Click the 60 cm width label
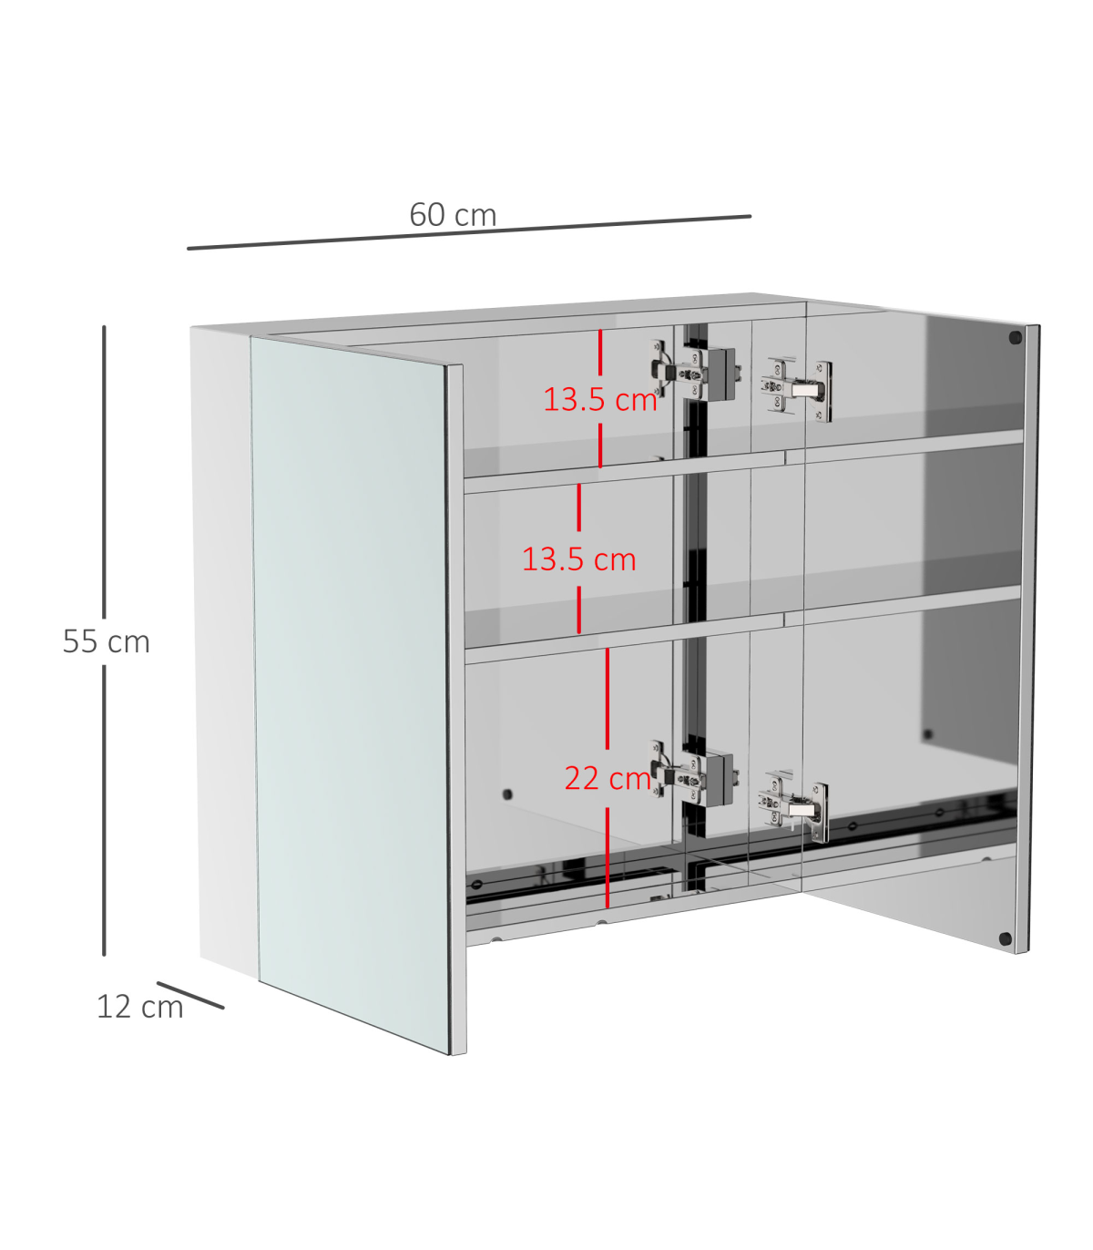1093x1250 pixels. [x=453, y=215]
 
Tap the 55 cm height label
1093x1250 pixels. [x=107, y=641]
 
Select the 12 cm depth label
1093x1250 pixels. [x=140, y=1007]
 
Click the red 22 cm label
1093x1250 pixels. [x=608, y=778]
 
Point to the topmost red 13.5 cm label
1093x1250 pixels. [x=599, y=400]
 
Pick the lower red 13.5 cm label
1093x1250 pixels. [x=579, y=559]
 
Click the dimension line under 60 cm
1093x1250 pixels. [x=469, y=232]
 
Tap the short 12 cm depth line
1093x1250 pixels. [x=190, y=995]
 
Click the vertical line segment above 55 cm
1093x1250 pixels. [x=104, y=472]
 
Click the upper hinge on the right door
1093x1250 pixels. [x=796, y=388]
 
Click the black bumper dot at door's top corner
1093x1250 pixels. [x=1016, y=337]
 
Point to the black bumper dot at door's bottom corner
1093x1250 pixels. [x=1005, y=938]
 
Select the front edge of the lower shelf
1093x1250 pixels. [x=743, y=624]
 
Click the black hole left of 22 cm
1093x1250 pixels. [x=507, y=794]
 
